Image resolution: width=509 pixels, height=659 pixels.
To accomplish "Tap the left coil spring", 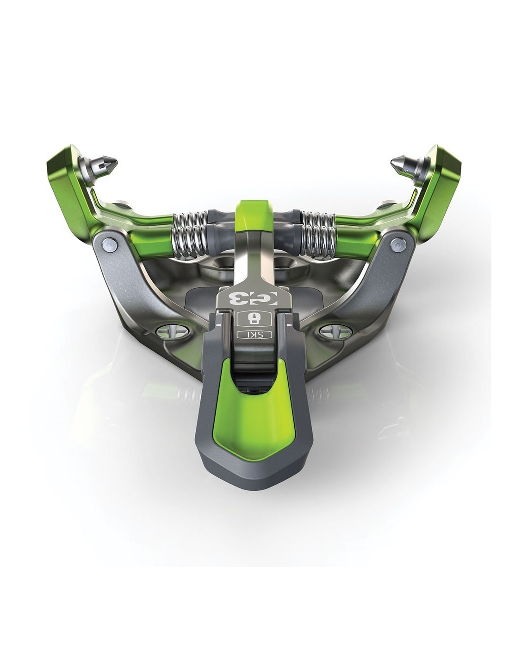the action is (x=189, y=234).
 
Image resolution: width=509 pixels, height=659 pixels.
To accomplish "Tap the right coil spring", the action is (x=318, y=234).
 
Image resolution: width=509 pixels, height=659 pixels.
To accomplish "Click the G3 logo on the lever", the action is (x=254, y=298).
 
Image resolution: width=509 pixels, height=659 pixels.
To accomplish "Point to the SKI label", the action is (x=254, y=335).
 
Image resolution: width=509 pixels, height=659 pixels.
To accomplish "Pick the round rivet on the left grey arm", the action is (x=108, y=243).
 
